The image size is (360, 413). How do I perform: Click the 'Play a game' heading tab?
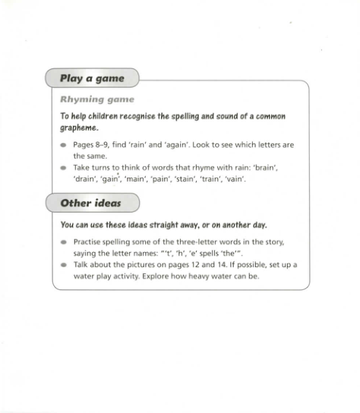pyautogui.click(x=92, y=78)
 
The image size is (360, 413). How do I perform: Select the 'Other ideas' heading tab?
pyautogui.click(x=92, y=203)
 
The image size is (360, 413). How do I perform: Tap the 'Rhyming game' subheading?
pyautogui.click(x=96, y=99)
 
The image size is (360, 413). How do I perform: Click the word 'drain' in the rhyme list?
pyautogui.click(x=84, y=179)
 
